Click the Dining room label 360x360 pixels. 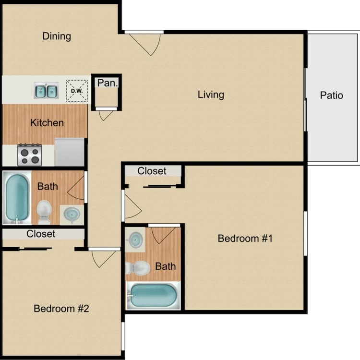[57, 36]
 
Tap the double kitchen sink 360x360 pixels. [46, 90]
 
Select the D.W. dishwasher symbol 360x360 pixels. [77, 91]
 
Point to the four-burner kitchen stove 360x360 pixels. [29, 155]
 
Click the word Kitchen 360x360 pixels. [47, 123]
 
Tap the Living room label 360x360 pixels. [211, 95]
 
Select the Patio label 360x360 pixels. [332, 96]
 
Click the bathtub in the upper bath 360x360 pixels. [16, 198]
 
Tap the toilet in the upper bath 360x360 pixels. [44, 211]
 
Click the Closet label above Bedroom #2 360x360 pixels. [41, 234]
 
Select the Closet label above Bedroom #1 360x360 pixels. [152, 171]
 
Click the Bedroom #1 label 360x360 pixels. [245, 239]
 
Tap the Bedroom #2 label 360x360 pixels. [61, 309]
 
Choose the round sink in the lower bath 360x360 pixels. [136, 239]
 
